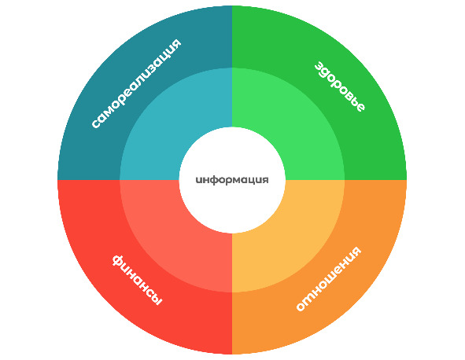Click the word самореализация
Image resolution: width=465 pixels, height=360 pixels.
pos(136,83)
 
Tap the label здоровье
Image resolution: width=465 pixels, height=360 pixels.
pos(340,86)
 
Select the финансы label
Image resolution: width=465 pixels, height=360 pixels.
pos(137,280)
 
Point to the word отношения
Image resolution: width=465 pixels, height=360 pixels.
pos(329,278)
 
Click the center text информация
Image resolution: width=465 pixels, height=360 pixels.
pos(232,180)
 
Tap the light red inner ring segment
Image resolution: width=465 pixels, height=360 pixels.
pos(166,246)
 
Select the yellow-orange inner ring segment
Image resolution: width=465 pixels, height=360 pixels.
pos(298,246)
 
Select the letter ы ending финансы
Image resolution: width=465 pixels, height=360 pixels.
pos(156,299)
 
